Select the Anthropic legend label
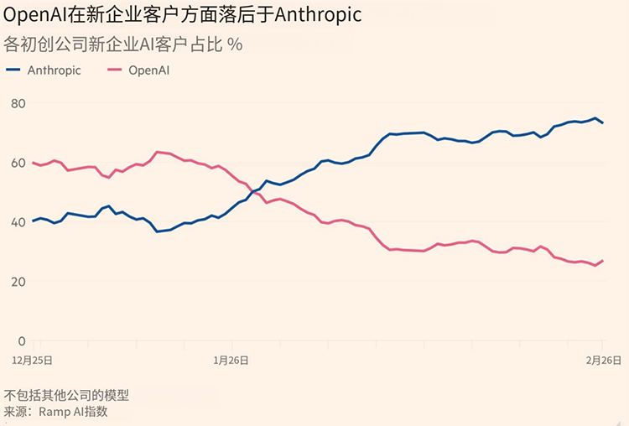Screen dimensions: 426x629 click(54, 70)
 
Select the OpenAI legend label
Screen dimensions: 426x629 click(149, 70)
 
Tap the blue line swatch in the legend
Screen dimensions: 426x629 click(14, 70)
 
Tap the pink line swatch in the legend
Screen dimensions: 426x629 click(114, 70)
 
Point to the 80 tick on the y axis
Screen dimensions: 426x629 click(17, 103)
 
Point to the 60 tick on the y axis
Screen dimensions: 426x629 click(17, 163)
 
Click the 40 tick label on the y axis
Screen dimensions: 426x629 click(17, 222)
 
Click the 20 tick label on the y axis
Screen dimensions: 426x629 click(17, 282)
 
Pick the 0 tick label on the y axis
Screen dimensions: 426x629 click(21, 341)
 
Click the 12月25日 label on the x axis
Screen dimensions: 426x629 click(32, 359)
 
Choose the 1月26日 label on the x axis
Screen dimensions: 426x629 click(231, 359)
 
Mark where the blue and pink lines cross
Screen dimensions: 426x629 click(255, 193)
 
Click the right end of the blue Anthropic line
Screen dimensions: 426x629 click(603, 123)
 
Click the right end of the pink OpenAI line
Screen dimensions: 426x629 click(603, 260)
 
